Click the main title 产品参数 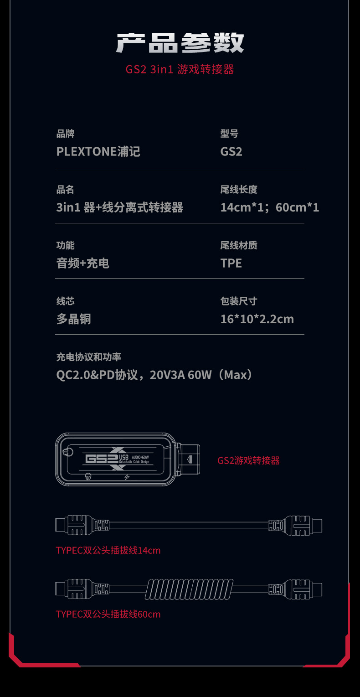pyautogui.click(x=180, y=43)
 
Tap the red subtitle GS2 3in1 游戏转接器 pyautogui.click(x=180, y=69)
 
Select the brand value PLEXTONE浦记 pyautogui.click(x=98, y=151)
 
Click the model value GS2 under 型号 pyautogui.click(x=231, y=151)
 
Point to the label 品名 pyautogui.click(x=65, y=190)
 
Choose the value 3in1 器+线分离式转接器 pyautogui.click(x=119, y=207)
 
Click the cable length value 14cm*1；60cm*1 pyautogui.click(x=269, y=207)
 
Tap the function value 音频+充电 pyautogui.click(x=82, y=263)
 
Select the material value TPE pyautogui.click(x=231, y=263)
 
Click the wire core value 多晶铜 pyautogui.click(x=73, y=319)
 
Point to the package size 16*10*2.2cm pyautogui.click(x=257, y=319)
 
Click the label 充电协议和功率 pyautogui.click(x=88, y=357)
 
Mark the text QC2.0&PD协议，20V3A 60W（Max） pyautogui.click(x=155, y=375)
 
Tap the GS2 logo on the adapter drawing pyautogui.click(x=101, y=459)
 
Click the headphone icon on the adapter pyautogui.click(x=88, y=477)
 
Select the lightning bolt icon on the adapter pyautogui.click(x=127, y=477)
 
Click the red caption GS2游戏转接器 pyautogui.click(x=248, y=460)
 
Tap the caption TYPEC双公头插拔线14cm pyautogui.click(x=108, y=550)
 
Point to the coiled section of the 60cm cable pyautogui.click(x=188, y=589)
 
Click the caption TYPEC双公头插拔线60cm pyautogui.click(x=108, y=614)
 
